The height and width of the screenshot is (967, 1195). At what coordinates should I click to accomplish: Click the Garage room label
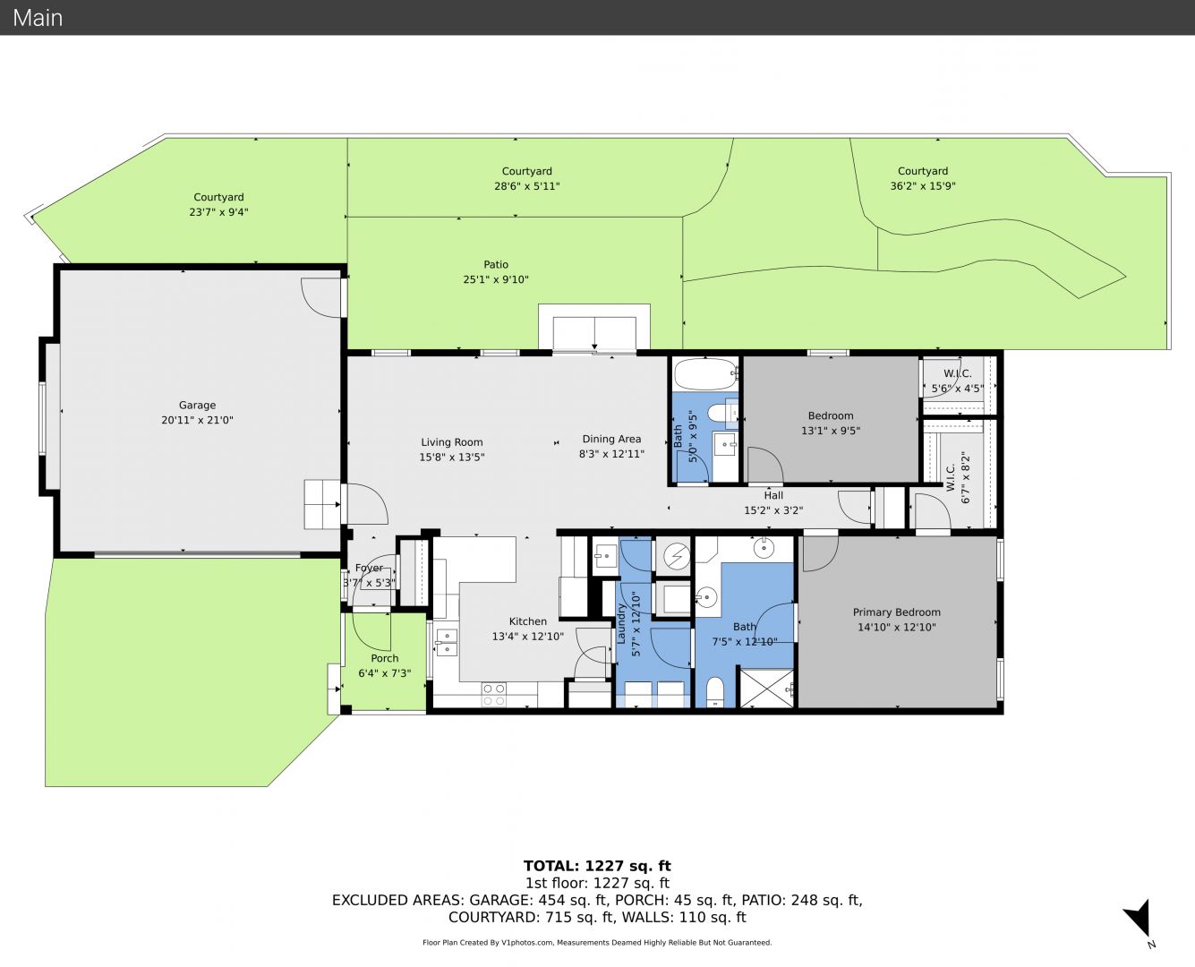pyautogui.click(x=197, y=406)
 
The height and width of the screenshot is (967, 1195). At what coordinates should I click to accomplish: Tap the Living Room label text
pyautogui.click(x=452, y=442)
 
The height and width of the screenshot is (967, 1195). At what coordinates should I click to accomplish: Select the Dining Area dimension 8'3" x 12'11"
pyautogui.click(x=611, y=453)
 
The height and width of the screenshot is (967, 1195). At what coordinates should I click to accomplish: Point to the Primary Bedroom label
pyautogui.click(x=897, y=612)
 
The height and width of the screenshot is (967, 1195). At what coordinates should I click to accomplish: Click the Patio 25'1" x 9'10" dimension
pyautogui.click(x=496, y=279)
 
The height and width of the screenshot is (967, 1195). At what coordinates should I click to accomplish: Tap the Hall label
pyautogui.click(x=773, y=495)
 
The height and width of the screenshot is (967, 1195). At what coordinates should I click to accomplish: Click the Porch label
pyautogui.click(x=384, y=658)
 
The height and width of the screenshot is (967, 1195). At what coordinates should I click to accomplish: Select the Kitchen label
pyautogui.click(x=527, y=621)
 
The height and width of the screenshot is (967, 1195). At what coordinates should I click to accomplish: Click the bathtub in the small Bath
pyautogui.click(x=705, y=373)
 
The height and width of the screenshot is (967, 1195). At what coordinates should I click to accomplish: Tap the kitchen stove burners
pyautogui.click(x=494, y=695)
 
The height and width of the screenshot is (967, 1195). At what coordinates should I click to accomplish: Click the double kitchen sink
pyautogui.click(x=447, y=643)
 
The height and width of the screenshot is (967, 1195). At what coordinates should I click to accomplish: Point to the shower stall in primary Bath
pyautogui.click(x=766, y=688)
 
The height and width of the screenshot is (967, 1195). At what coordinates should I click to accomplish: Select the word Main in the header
pyautogui.click(x=38, y=18)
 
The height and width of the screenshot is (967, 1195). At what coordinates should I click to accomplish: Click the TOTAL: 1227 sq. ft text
pyautogui.click(x=597, y=866)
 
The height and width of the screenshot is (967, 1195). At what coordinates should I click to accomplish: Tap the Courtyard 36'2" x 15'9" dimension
pyautogui.click(x=922, y=185)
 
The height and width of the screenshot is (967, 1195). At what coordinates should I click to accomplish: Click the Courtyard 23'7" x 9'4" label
pyautogui.click(x=218, y=204)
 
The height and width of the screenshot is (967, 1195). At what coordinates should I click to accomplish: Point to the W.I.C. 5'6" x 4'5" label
pyautogui.click(x=957, y=381)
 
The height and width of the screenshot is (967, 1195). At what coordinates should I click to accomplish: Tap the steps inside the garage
pyautogui.click(x=322, y=504)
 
